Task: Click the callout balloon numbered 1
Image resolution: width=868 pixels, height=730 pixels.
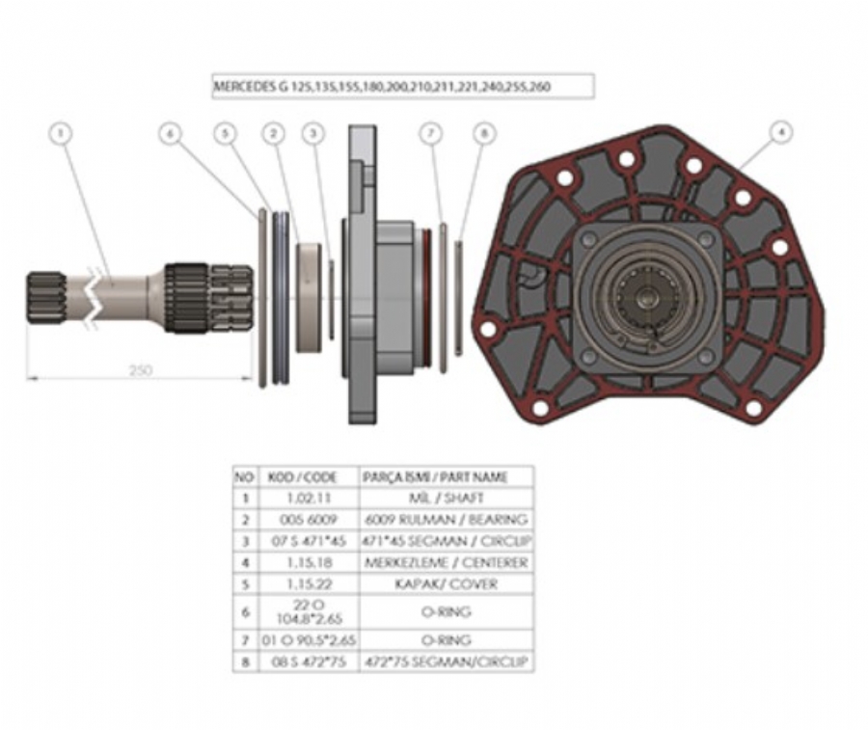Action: [x=62, y=134]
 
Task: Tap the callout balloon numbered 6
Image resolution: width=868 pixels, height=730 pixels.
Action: [x=171, y=135]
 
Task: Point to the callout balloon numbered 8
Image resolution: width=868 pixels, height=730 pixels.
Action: [x=483, y=134]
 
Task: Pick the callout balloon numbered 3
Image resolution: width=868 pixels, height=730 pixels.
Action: [x=312, y=134]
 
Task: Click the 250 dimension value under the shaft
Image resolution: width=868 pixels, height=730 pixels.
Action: [x=140, y=369]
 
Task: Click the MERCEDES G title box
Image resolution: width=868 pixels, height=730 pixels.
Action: [x=402, y=87]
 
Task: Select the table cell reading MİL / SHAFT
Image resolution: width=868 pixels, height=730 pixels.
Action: [x=446, y=499]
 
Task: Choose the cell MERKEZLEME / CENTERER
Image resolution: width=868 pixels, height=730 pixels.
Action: [x=446, y=561]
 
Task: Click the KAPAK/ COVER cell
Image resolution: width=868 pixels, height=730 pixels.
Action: [x=446, y=583]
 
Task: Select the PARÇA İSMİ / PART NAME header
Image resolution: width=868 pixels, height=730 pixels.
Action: [x=446, y=477]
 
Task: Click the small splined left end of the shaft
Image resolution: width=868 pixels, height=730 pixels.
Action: [x=44, y=297]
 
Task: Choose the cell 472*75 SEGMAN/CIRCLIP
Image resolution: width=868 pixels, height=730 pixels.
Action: [x=446, y=662]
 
